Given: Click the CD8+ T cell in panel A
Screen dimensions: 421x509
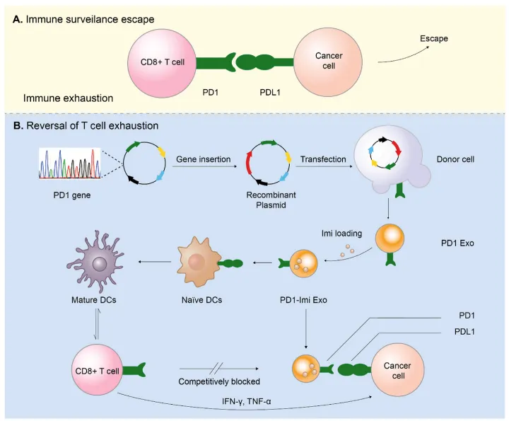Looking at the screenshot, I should pyautogui.click(x=162, y=62).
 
